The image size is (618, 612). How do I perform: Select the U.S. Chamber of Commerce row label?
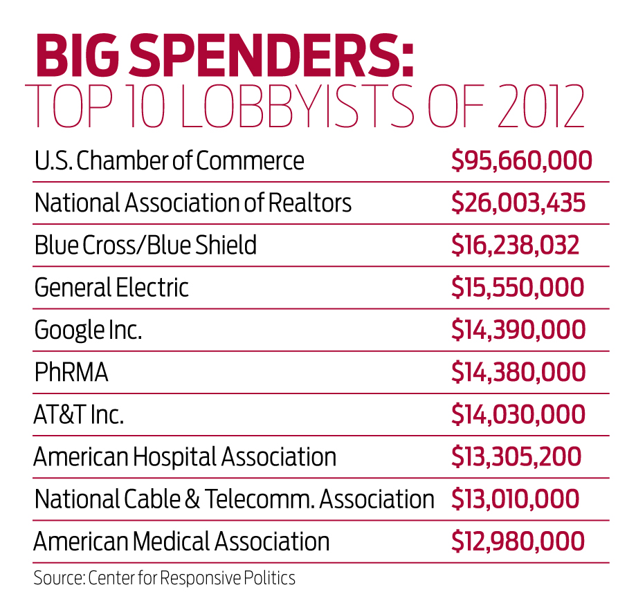[x=170, y=161]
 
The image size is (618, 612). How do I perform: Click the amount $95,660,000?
[x=521, y=161]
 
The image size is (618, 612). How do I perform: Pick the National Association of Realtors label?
[x=193, y=203]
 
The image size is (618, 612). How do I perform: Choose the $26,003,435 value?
[x=518, y=203]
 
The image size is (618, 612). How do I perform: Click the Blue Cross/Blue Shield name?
[x=145, y=245]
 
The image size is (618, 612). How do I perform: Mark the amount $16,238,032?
[x=516, y=245]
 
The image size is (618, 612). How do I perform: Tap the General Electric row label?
[x=111, y=288]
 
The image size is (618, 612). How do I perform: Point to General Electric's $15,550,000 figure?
[x=518, y=288]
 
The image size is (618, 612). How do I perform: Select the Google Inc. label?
[x=88, y=330]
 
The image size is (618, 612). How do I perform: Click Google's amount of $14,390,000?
[x=518, y=330]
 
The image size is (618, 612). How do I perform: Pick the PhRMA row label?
[x=71, y=373]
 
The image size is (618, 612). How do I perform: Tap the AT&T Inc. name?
[x=79, y=415]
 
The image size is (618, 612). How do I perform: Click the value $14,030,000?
[x=518, y=415]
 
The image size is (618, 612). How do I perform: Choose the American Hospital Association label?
[x=185, y=457]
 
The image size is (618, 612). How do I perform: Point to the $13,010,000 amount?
[x=516, y=499]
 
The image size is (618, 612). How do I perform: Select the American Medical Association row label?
[x=182, y=541]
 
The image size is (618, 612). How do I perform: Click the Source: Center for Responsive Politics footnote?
[x=165, y=577]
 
